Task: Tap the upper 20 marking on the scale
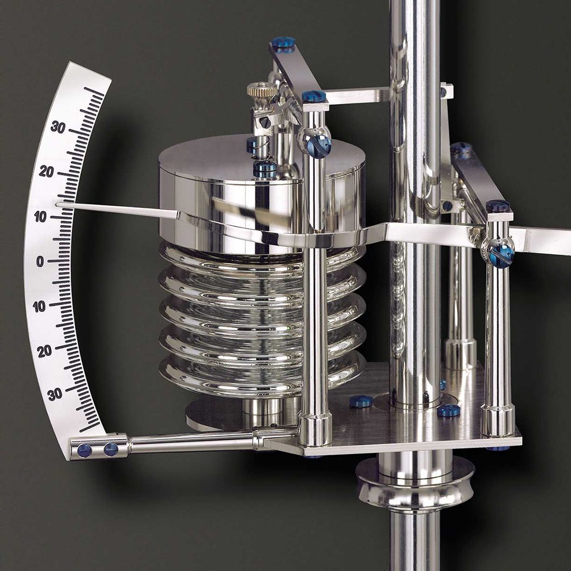point(47,171)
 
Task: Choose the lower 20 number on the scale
point(45,351)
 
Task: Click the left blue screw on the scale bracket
point(84,450)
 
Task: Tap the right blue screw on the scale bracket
point(110,449)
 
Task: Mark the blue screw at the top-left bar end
point(284,43)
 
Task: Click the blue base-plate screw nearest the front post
point(361,401)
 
